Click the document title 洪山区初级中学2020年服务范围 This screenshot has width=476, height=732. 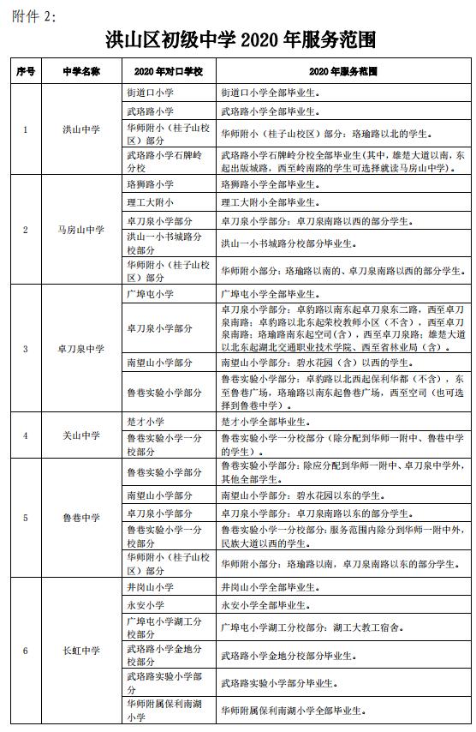coord(239,39)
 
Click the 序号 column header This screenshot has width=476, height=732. coord(25,70)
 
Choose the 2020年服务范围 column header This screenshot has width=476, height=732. coord(343,70)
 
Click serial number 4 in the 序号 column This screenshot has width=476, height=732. coord(25,435)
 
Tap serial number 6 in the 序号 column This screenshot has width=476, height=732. coord(25,651)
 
